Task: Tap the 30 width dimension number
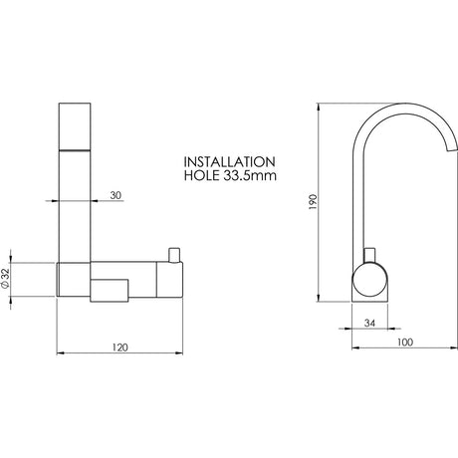pyautogui.click(x=116, y=195)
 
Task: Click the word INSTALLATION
pyautogui.click(x=229, y=160)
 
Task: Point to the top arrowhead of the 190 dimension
pyautogui.click(x=318, y=104)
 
